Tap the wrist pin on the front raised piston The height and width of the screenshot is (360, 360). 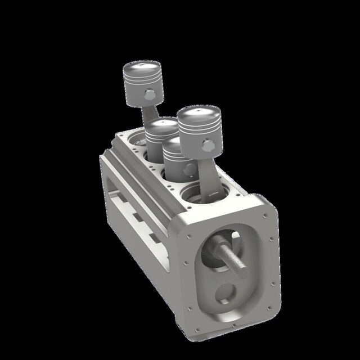coord(208,146)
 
